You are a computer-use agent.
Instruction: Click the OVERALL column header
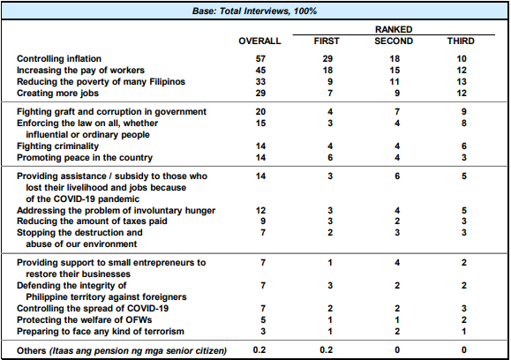pyautogui.click(x=259, y=41)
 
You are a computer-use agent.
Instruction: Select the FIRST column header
pyautogui.click(x=327, y=41)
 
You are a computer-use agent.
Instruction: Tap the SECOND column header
pyautogui.click(x=394, y=41)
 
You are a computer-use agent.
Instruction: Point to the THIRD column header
pyautogui.click(x=461, y=41)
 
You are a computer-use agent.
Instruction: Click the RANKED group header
pyautogui.click(x=394, y=29)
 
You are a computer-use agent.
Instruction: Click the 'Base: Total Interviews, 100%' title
pyautogui.click(x=254, y=11)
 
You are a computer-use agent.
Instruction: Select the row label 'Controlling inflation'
pyautogui.click(x=59, y=58)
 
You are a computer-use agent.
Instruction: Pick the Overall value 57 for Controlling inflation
pyautogui.click(x=260, y=58)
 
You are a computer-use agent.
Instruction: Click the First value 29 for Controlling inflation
pyautogui.click(x=327, y=58)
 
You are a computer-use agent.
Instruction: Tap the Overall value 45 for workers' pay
pyautogui.click(x=260, y=70)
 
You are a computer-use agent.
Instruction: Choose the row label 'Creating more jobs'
pyautogui.click(x=57, y=94)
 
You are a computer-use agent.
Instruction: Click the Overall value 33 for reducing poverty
pyautogui.click(x=260, y=81)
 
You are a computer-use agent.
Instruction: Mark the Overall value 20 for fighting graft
pyautogui.click(x=260, y=112)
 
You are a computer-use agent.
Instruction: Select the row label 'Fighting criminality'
pyautogui.click(x=57, y=146)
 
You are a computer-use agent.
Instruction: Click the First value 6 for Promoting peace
pyautogui.click(x=330, y=158)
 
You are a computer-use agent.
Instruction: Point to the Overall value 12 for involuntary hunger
pyautogui.click(x=260, y=211)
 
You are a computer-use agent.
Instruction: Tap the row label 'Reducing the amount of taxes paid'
pyautogui.click(x=92, y=221)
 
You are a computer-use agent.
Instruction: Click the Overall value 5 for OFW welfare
pyautogui.click(x=263, y=320)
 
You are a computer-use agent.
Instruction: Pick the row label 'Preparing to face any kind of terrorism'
pyautogui.click(x=101, y=332)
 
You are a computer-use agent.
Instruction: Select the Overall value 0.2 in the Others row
pyautogui.click(x=259, y=350)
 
